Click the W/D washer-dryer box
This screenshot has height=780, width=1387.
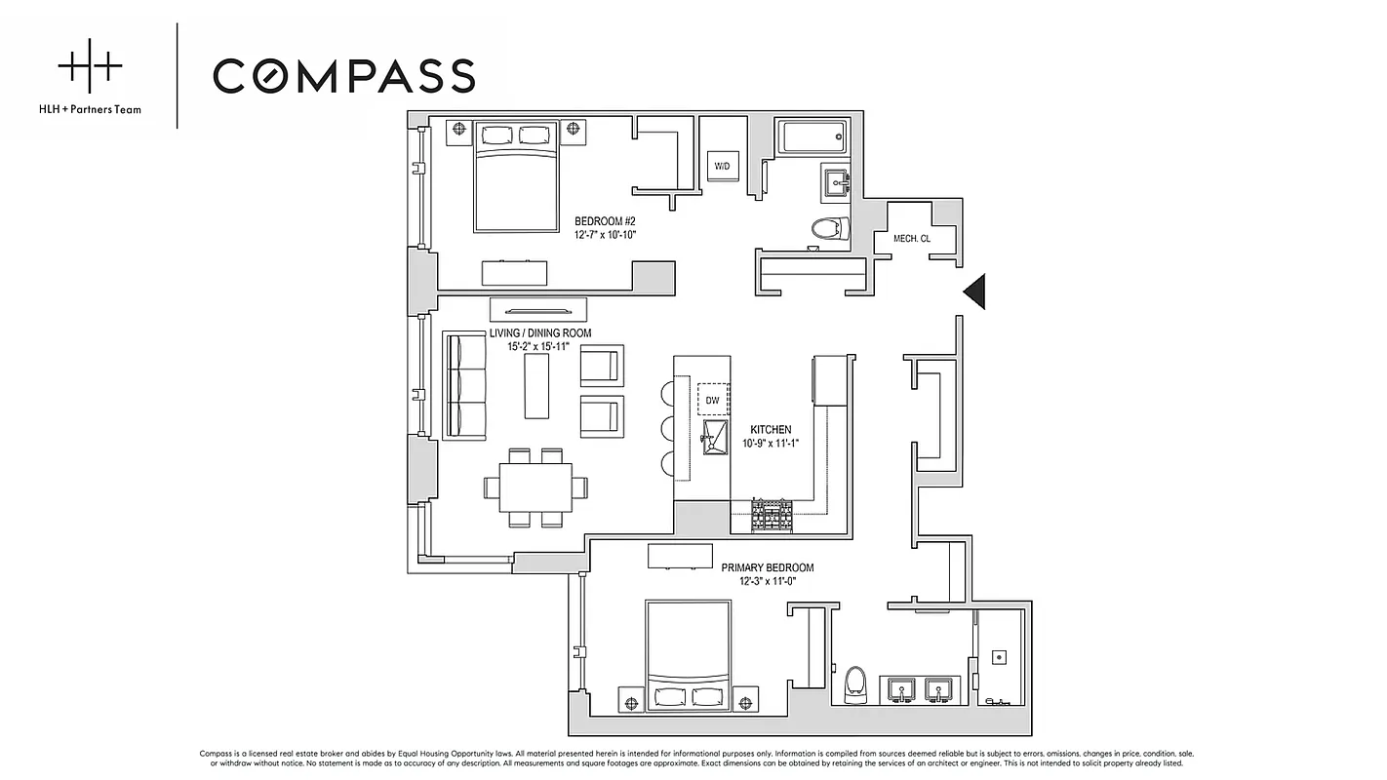pos(722,167)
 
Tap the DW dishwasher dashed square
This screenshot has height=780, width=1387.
pos(713,400)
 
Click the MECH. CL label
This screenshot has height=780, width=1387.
pos(911,238)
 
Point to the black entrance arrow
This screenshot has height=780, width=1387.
pos(974,291)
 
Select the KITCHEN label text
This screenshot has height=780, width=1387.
pos(771,430)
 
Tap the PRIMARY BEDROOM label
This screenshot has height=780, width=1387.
pos(767,567)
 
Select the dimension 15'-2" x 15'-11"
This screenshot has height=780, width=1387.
pos(537,346)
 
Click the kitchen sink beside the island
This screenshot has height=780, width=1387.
pos(715,438)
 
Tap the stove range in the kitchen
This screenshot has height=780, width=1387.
pos(772,515)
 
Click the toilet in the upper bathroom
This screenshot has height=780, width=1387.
pos(827,229)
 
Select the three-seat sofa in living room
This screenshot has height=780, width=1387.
pos(465,385)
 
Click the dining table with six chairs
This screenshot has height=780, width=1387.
pos(535,487)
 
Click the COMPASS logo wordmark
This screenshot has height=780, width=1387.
pos(343,76)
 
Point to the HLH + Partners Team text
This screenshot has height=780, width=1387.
pos(99,109)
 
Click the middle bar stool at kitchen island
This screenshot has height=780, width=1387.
pos(668,429)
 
